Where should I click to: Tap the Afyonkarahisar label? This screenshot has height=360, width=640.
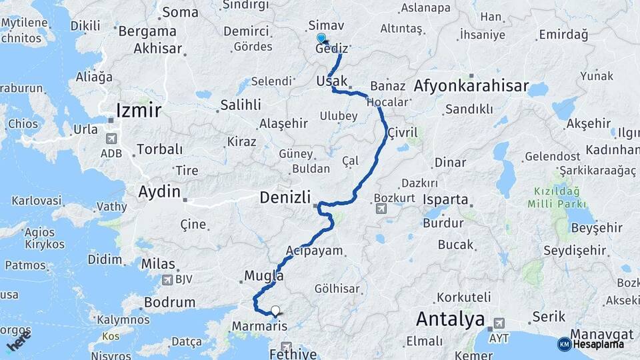tap(471, 86)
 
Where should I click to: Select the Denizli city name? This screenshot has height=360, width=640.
tap(285, 197)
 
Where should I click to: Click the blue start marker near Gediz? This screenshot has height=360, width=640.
tap(321, 39)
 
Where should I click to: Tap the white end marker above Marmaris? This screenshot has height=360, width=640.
tap(275, 310)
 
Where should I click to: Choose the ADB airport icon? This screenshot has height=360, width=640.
tap(111, 139)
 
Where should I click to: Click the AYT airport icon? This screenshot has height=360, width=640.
tap(496, 324)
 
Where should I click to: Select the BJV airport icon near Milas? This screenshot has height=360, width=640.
tap(167, 280)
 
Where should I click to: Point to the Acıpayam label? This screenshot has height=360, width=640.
tap(314, 251)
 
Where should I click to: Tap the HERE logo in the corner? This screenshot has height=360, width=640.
tap(18, 341)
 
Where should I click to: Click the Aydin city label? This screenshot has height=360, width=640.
tap(159, 192)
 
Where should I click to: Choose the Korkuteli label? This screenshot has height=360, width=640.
tap(464, 297)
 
